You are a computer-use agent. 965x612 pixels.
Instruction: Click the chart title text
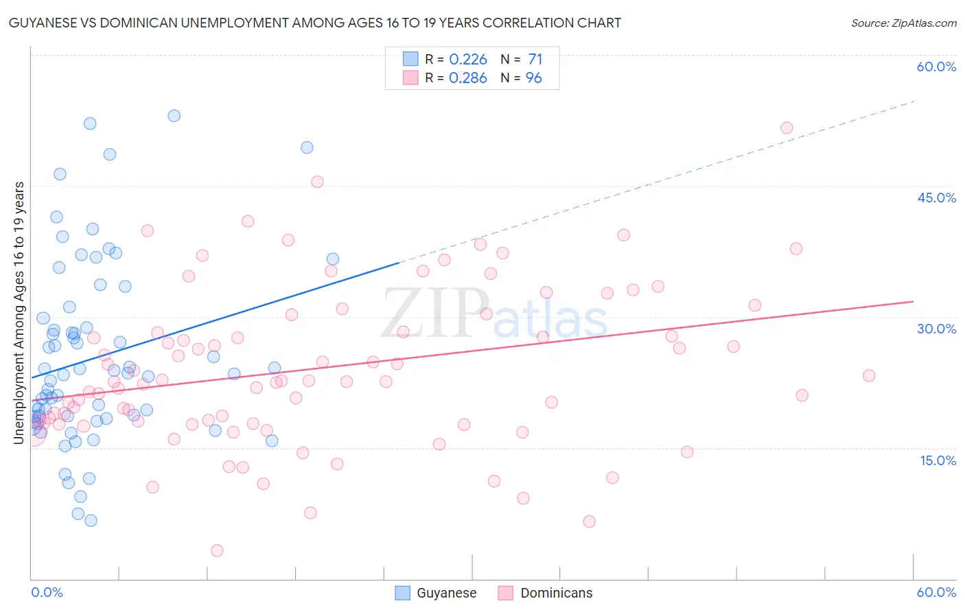pos(315,23)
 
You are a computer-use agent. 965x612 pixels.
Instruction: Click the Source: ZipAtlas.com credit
pos(903,23)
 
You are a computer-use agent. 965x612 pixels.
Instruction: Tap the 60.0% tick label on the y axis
pos(936,67)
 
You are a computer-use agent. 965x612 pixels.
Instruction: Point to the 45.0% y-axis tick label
pos(936,198)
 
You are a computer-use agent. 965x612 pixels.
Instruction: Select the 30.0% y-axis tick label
pos(936,329)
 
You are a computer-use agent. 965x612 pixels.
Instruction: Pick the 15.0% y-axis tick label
pos(938,460)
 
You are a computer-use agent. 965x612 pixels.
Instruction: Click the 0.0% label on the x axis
pos(47,592)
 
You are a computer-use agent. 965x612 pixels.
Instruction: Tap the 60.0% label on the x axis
pos(936,592)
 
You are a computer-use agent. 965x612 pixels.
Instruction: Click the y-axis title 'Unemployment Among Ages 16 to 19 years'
pos(19,312)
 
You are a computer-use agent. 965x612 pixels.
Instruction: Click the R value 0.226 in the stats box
pos(468,60)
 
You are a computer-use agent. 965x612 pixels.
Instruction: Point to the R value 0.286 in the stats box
pos(468,78)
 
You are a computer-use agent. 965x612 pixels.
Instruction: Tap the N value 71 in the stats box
pos(535,60)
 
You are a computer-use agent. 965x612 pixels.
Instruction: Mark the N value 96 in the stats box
pos(534,78)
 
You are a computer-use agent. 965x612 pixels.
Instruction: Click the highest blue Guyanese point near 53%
pos(174,116)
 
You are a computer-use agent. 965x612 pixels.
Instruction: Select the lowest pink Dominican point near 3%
pos(217,550)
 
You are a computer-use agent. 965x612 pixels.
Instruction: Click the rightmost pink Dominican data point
pos(869,375)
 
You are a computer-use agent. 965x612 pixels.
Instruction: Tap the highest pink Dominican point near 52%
pos(787,128)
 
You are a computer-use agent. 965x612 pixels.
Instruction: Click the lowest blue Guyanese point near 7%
pos(91,520)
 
